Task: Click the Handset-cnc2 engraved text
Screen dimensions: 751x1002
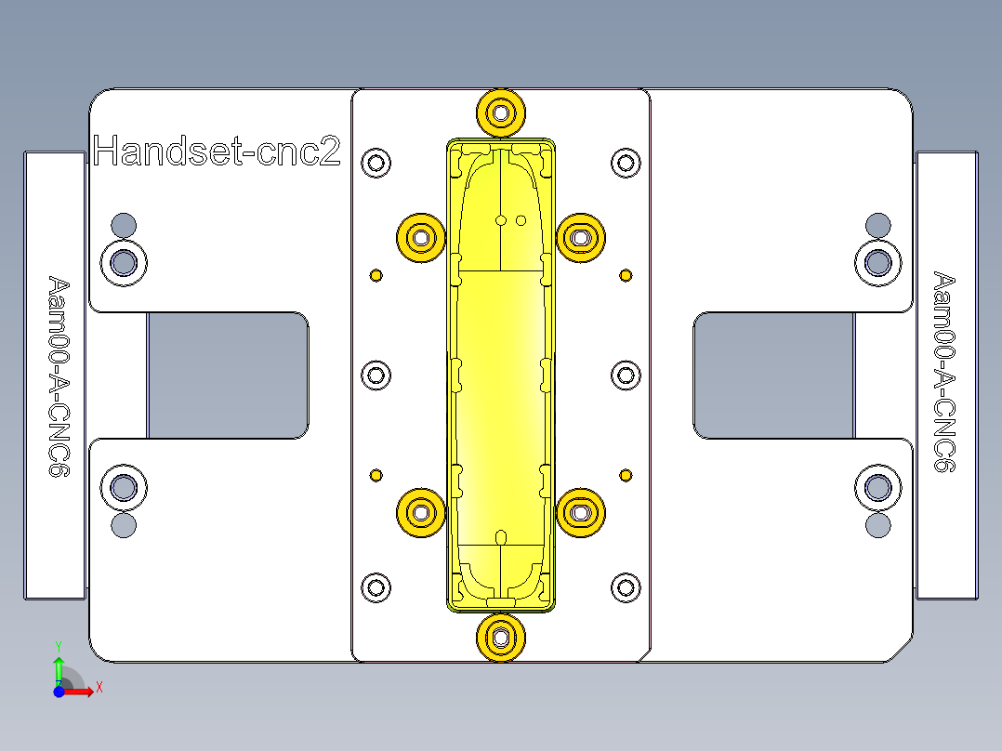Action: (217, 151)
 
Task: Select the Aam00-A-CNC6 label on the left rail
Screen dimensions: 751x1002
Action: (59, 375)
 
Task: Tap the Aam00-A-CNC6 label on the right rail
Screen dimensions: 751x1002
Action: (944, 372)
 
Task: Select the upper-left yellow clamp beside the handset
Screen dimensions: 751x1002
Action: (422, 238)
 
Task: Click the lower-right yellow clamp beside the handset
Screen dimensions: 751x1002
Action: (581, 512)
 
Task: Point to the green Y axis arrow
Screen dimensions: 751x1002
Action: (58, 667)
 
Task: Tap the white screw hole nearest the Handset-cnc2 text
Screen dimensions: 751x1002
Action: (376, 164)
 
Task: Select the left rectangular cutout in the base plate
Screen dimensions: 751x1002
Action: (228, 375)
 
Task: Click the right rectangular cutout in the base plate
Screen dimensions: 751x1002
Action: (773, 375)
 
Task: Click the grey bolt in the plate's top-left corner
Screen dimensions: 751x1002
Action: (124, 263)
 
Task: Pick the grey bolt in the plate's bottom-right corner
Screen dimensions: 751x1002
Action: (877, 488)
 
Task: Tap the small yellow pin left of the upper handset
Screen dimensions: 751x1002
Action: (376, 275)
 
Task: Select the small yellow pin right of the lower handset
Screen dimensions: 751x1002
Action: (626, 475)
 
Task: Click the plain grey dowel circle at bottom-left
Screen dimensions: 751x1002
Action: (124, 526)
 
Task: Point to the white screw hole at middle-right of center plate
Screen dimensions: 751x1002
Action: (626, 375)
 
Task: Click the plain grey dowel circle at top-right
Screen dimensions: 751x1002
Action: (877, 224)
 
